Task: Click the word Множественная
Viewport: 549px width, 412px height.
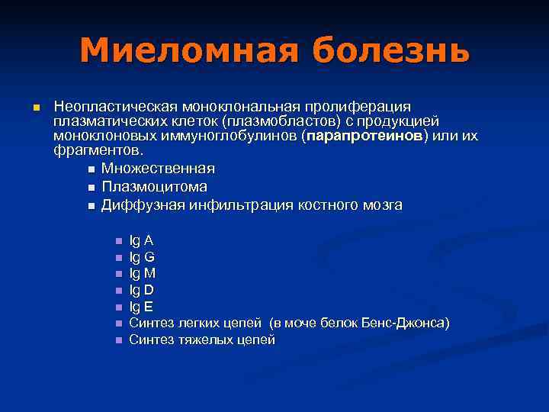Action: (158, 168)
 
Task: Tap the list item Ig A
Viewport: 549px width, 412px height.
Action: (141, 240)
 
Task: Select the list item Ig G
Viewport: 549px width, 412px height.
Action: (142, 257)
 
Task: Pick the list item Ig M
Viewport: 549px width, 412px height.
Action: (143, 273)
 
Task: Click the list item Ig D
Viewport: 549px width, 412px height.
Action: (142, 290)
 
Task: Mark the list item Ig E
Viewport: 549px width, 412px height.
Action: (141, 307)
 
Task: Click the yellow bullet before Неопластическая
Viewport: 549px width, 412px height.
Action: (34, 107)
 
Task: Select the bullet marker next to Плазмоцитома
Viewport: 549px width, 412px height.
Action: (91, 187)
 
